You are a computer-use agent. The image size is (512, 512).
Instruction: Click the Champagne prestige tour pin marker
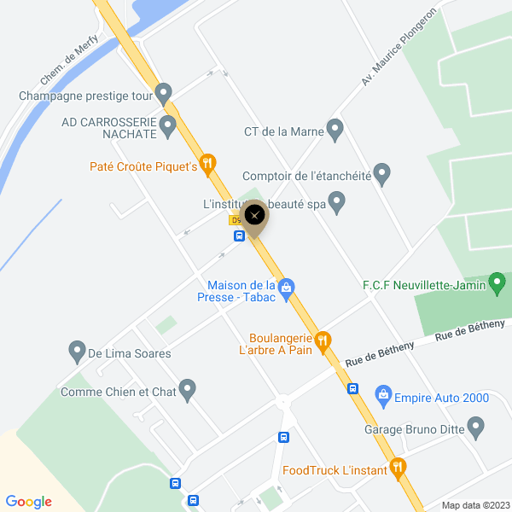164,90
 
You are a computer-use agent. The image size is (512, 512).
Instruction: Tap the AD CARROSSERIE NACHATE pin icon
168,127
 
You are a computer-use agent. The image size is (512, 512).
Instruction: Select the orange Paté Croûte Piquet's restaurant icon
207,162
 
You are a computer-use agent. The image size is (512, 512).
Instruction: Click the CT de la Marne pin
335,130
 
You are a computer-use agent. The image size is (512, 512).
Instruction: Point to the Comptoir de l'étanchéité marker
381,174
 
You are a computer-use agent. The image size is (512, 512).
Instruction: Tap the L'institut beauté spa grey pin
337,203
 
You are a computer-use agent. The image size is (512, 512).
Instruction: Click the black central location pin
254,215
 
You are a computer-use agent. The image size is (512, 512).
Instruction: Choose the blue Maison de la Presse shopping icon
288,287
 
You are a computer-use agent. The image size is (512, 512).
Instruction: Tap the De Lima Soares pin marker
77,351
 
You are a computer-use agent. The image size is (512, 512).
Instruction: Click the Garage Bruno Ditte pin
476,427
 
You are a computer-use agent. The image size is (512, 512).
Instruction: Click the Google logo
29,502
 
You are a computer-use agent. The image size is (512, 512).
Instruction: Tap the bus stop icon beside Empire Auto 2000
352,388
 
